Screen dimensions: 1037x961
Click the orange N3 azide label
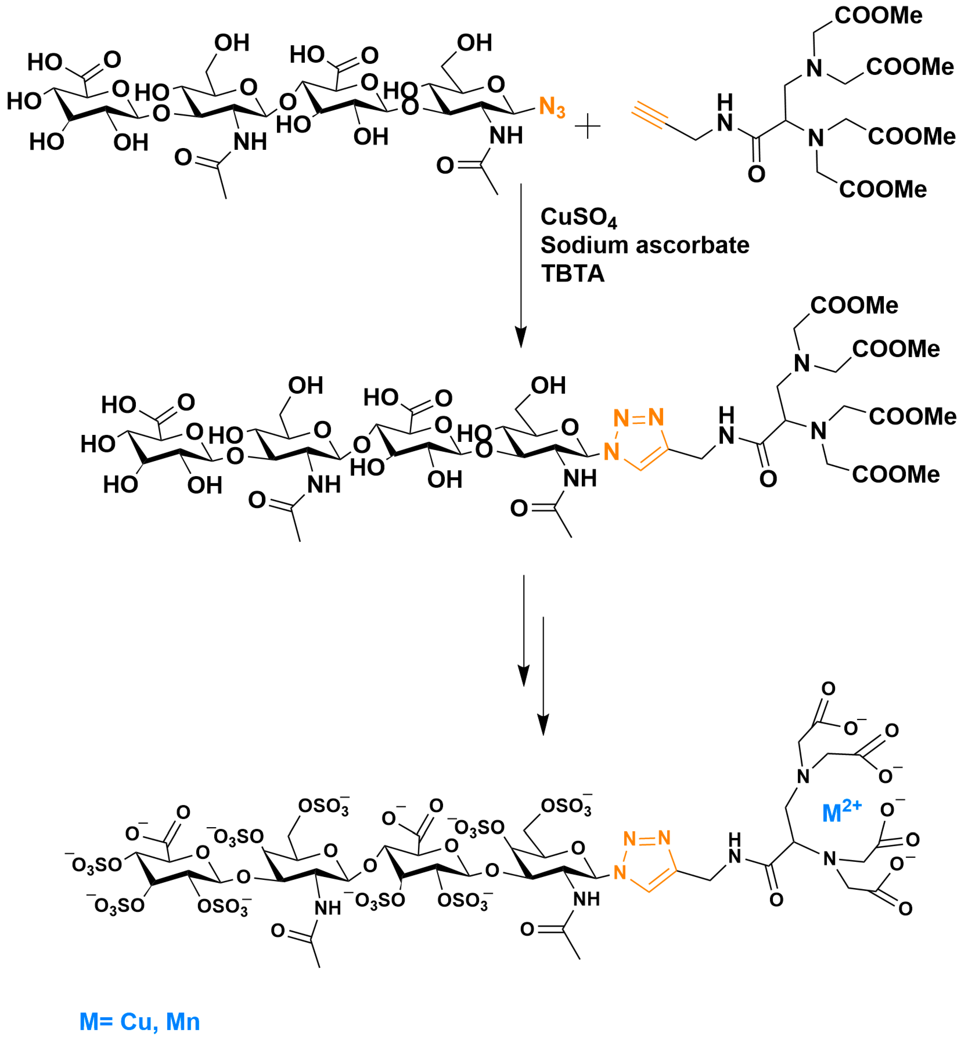click(552, 108)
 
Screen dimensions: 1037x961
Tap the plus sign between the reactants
click(588, 127)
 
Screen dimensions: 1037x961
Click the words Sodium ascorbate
click(645, 245)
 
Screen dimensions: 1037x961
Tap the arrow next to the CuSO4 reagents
click(521, 265)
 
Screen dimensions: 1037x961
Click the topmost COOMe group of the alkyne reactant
click(878, 16)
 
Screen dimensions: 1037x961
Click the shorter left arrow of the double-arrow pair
click(524, 630)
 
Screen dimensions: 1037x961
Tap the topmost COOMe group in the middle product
click(854, 305)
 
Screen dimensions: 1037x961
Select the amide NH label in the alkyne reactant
click(725, 114)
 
